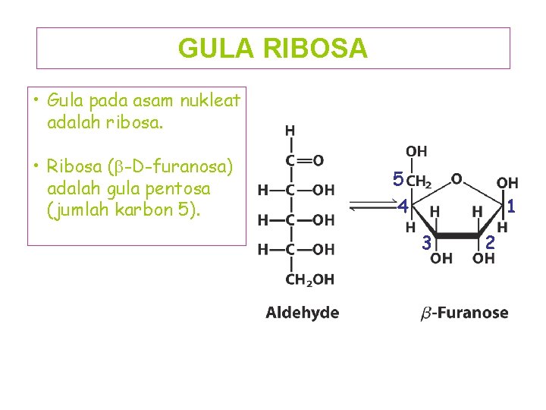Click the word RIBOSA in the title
point(315,49)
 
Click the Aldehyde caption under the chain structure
point(302,313)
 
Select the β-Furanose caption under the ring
point(464,313)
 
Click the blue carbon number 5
point(398,181)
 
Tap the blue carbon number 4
point(403,206)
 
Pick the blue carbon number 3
point(427,243)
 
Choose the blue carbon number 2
point(491,243)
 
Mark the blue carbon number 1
point(512,205)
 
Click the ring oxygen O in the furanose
point(457,178)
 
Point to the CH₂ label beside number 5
point(419,181)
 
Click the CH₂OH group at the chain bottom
point(309,280)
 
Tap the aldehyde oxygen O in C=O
point(318,160)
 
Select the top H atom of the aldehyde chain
point(290,131)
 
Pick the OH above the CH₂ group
point(416,152)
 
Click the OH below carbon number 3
point(442,259)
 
